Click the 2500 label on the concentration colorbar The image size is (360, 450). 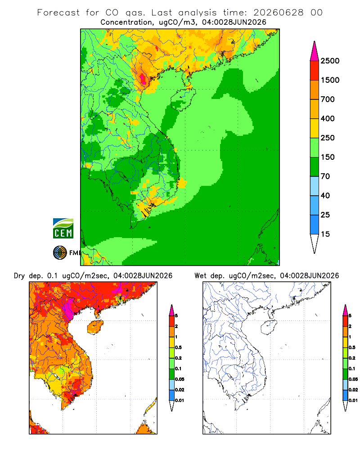(x=330, y=61)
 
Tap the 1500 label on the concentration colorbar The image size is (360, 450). (x=330, y=80)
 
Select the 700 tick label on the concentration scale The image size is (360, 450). (x=328, y=99)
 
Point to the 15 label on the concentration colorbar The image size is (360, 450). (x=325, y=234)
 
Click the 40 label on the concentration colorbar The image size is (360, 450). (x=325, y=196)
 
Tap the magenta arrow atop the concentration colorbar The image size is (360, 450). (x=315, y=52)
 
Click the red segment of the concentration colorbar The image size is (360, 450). (x=315, y=71)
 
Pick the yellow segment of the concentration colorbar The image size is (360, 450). (x=315, y=128)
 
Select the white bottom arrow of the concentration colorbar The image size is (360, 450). (x=315, y=244)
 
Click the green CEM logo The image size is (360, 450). (x=63, y=229)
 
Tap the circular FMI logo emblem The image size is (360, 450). (x=60, y=253)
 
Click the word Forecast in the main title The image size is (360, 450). (x=58, y=13)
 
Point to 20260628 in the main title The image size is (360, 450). (x=279, y=13)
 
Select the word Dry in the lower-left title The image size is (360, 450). (x=19, y=276)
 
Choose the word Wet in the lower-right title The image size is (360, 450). (x=200, y=276)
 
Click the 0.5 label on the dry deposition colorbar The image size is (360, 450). (x=178, y=347)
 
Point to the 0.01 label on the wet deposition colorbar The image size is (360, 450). (x=353, y=400)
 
